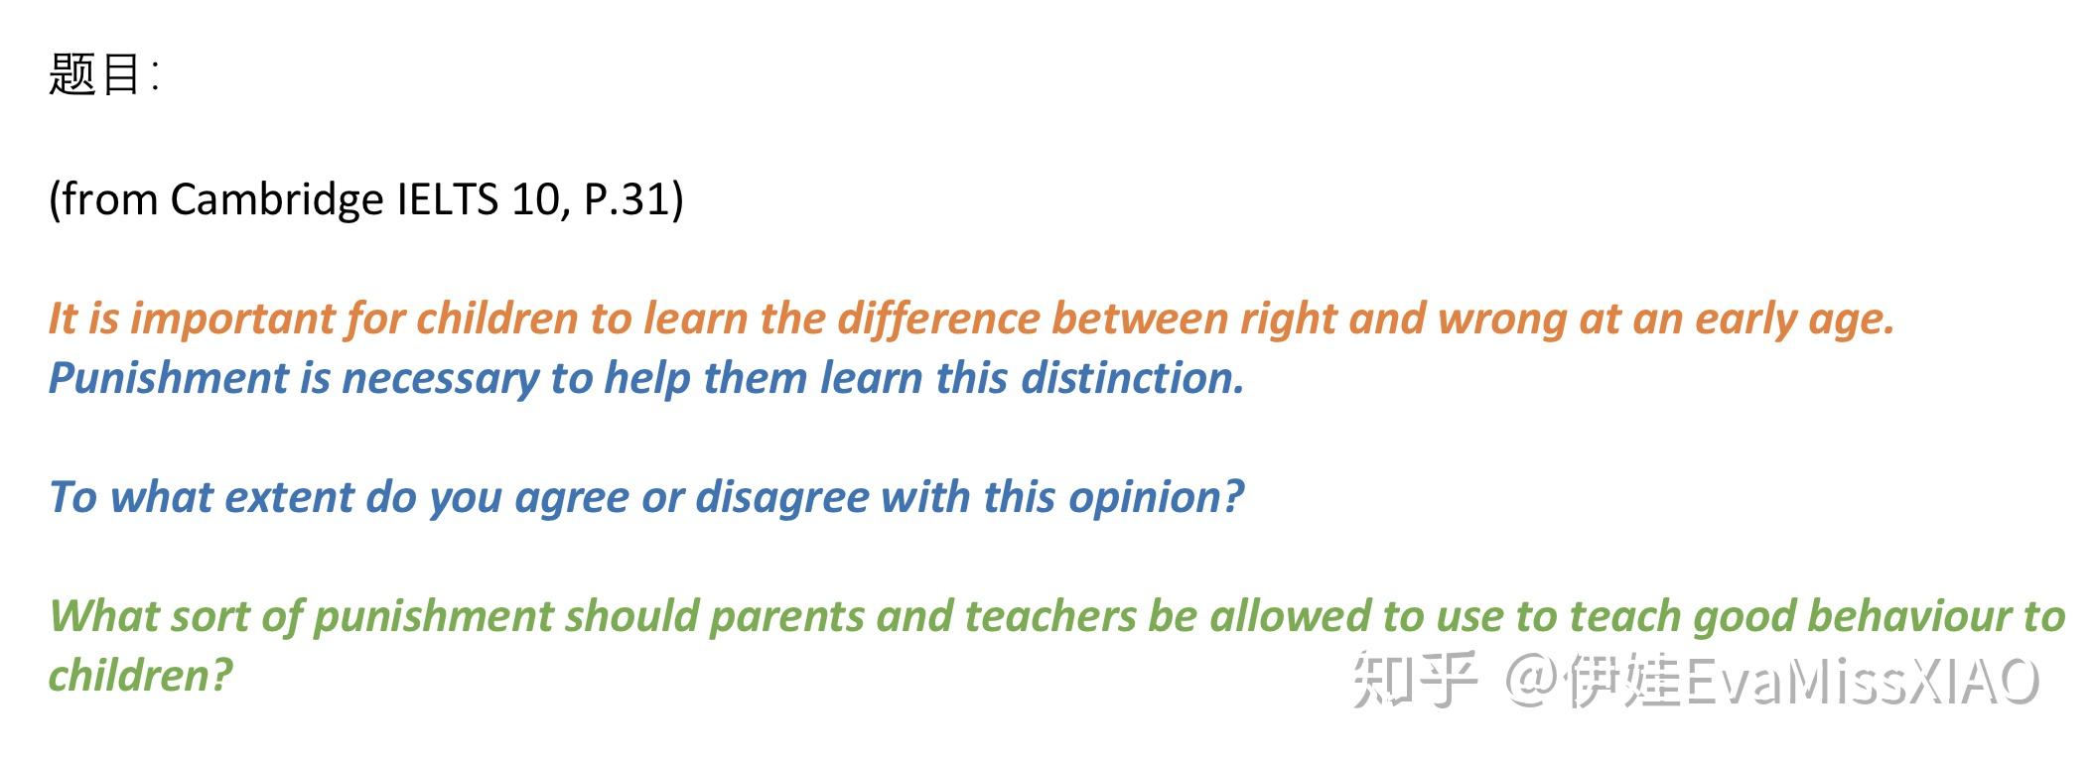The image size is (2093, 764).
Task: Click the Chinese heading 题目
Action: (95, 74)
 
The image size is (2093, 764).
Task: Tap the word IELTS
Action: (447, 199)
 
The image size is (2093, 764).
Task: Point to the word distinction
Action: (1133, 378)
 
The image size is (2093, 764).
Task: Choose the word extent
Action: (289, 497)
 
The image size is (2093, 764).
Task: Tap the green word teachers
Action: (1050, 616)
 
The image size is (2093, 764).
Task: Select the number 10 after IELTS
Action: (536, 199)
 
